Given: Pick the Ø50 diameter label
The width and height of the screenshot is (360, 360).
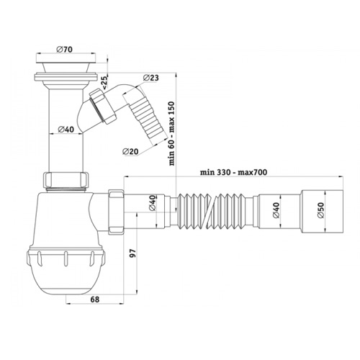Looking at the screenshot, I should pos(320,212).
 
